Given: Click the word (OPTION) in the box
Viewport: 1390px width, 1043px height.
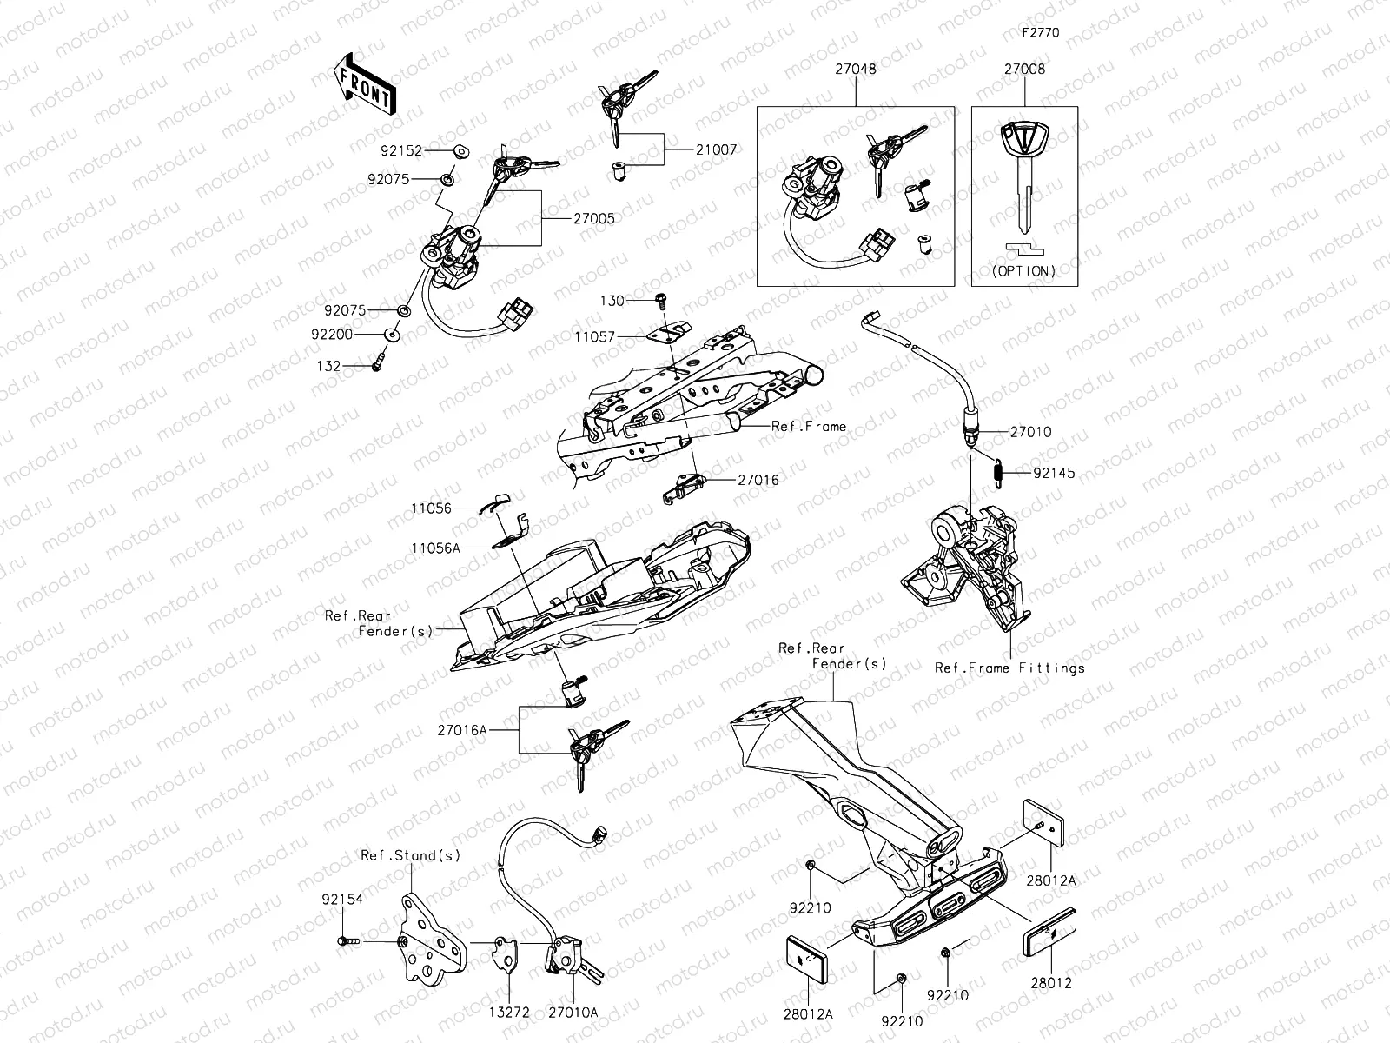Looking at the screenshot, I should (x=1024, y=271).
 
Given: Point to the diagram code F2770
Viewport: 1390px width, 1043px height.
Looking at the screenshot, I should (x=1040, y=33).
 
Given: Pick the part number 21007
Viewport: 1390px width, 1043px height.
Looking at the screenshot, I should (x=716, y=149).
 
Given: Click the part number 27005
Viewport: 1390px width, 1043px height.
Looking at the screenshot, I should (x=594, y=218).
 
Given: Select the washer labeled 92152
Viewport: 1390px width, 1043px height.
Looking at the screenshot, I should (x=460, y=151).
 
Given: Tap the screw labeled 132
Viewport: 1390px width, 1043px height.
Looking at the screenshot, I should (x=378, y=365).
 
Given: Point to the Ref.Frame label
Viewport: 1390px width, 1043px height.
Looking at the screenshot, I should (x=808, y=427).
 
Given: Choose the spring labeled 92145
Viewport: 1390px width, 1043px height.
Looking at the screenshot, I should (x=998, y=472).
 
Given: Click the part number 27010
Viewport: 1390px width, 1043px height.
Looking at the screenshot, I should (x=1030, y=431).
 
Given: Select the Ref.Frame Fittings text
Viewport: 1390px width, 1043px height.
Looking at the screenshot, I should (x=1009, y=668).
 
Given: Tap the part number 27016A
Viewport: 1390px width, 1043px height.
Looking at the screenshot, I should (x=462, y=731).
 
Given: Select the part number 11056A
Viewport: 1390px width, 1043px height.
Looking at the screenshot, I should (x=437, y=548).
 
